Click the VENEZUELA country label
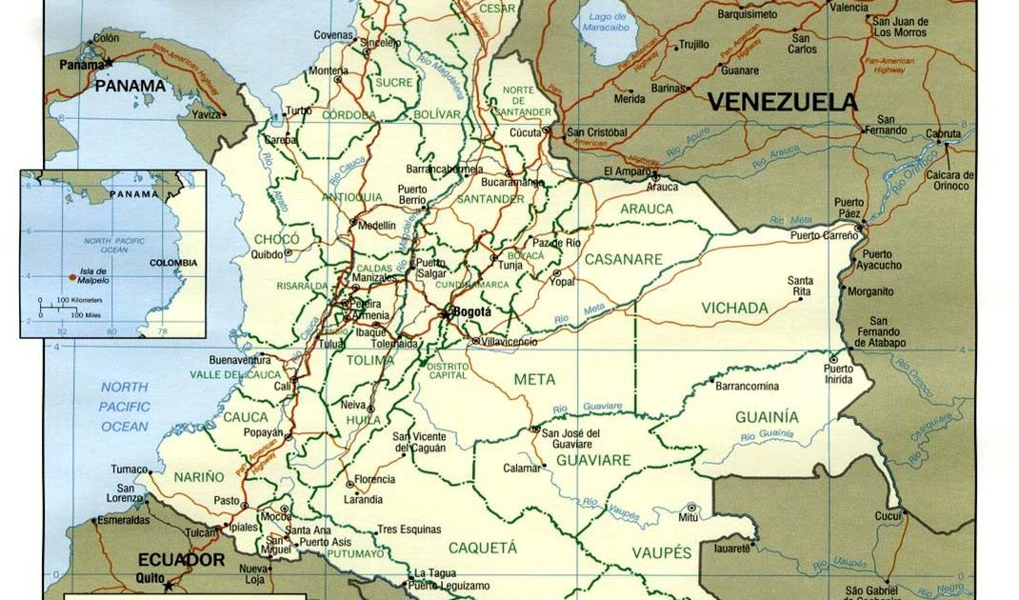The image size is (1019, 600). point(782,102)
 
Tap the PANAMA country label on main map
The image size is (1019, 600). point(130,86)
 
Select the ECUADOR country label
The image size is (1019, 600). point(181,560)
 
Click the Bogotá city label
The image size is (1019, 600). point(472,311)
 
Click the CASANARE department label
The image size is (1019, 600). point(623,259)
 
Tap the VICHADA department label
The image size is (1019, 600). point(734,308)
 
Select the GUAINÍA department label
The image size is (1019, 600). point(767,417)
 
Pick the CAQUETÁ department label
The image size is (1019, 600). point(482,548)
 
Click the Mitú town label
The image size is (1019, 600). point(689,517)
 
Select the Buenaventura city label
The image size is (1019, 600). point(240,360)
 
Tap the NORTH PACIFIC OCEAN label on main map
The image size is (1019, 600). point(125,407)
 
